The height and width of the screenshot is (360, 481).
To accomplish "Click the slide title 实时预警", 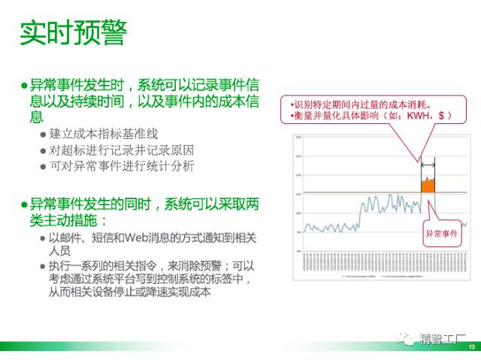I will coord(73,33).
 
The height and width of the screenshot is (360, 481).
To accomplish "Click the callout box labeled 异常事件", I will coord(443,233).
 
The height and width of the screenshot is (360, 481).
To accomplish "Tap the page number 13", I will coord(471,346).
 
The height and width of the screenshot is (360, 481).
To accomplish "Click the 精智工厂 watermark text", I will coord(443,338).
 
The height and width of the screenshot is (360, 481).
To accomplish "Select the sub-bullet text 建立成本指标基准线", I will coord(104,134).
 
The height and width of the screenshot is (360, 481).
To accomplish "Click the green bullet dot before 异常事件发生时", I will coord(24,86).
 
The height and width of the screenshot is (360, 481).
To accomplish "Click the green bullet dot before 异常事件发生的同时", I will coord(24,204).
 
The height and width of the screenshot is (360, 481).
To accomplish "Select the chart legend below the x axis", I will coord(380,276).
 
